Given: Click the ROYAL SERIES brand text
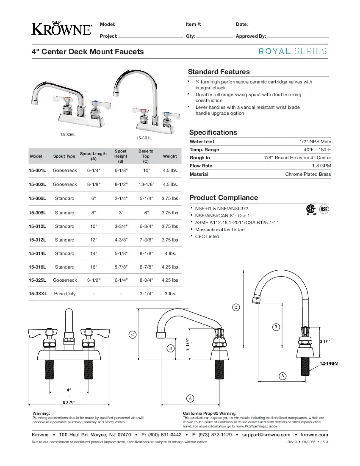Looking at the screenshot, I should [x=293, y=51].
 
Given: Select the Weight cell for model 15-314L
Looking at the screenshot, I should [x=170, y=253].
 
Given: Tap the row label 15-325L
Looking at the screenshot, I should [x=37, y=280].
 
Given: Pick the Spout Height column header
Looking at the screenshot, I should [x=121, y=156].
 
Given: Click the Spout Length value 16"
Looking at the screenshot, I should [x=94, y=267].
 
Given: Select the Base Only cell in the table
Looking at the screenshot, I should [x=65, y=294].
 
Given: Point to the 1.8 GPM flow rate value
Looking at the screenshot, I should [x=321, y=166].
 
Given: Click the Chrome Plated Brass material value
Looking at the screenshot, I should [x=308, y=174].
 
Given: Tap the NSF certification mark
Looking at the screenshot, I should [x=324, y=209].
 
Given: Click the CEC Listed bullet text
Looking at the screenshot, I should [x=207, y=236].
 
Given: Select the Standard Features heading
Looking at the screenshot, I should [x=219, y=72].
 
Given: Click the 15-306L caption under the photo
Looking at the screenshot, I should [x=68, y=134].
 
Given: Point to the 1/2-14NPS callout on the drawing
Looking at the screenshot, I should [x=328, y=363].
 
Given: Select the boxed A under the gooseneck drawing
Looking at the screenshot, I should [x=282, y=375].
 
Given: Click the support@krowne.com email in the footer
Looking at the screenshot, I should [x=266, y=435].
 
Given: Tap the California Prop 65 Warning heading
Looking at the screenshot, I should [x=210, y=413].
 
